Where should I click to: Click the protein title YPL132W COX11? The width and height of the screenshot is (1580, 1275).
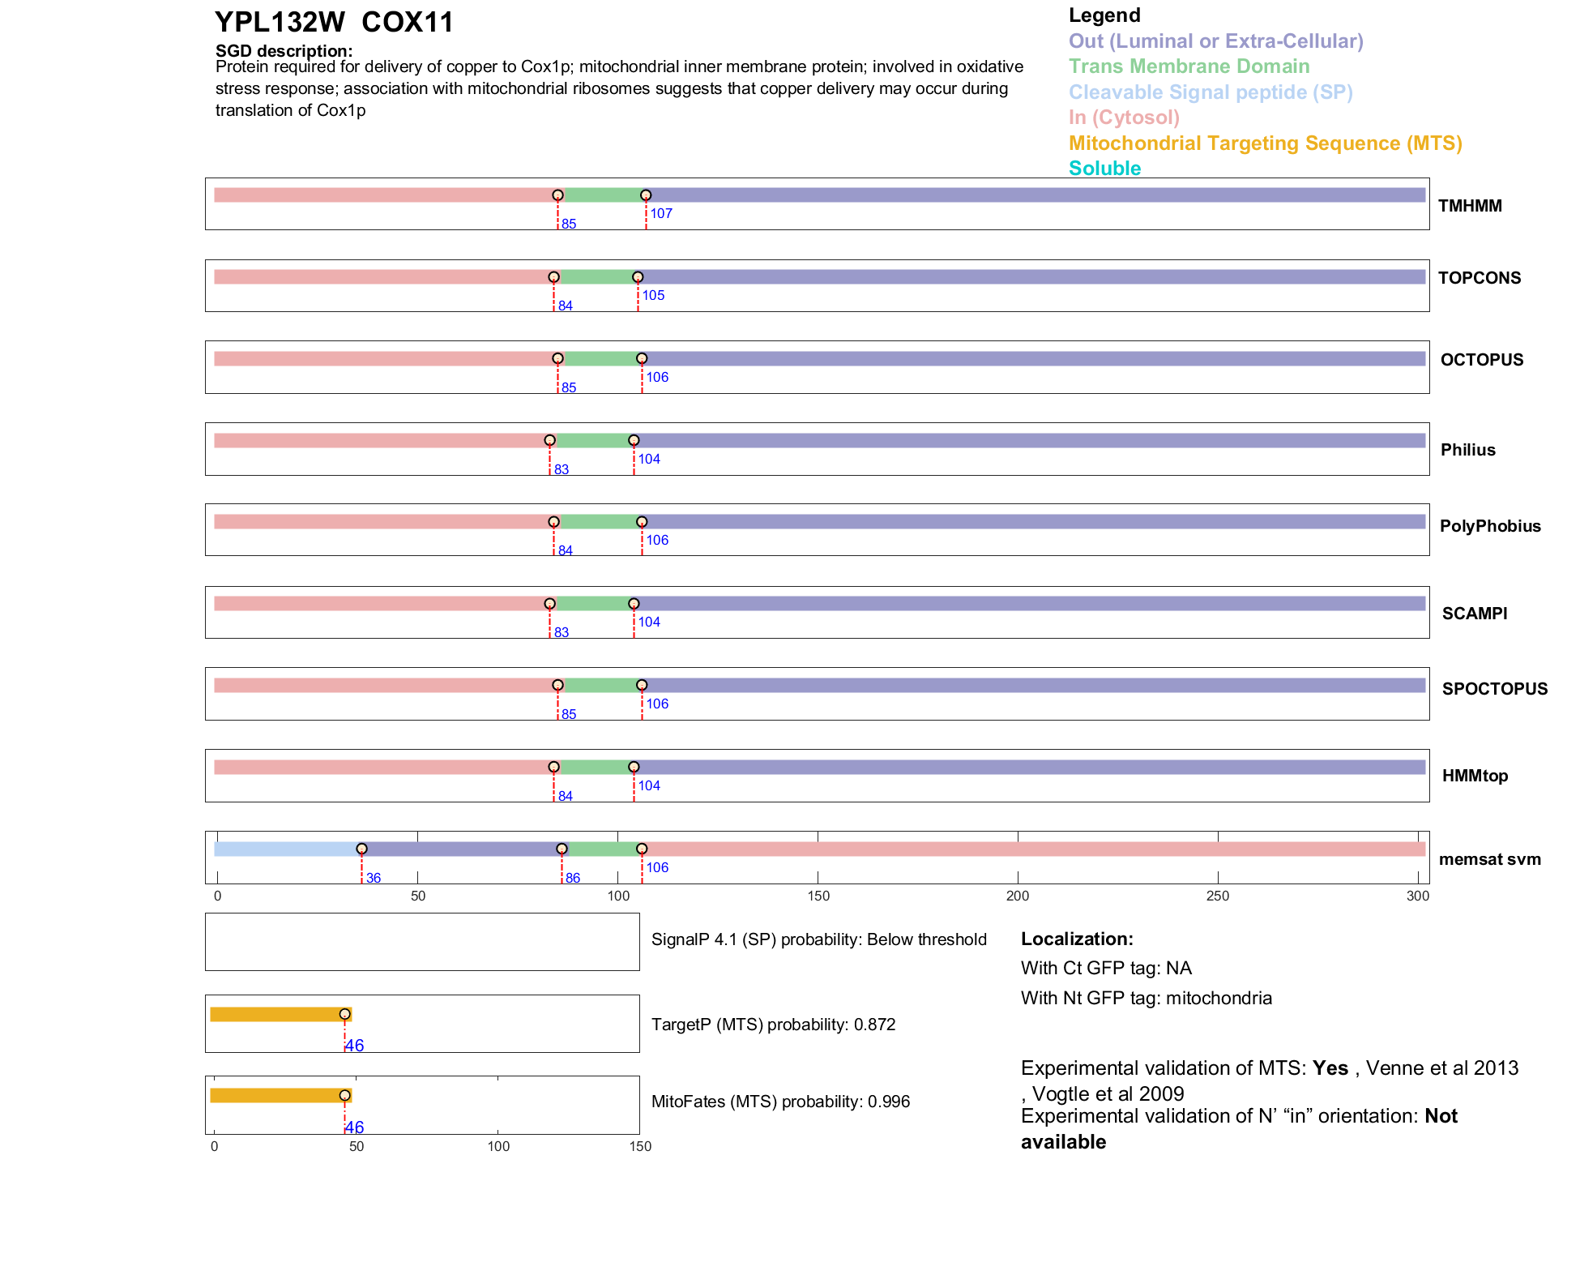334,23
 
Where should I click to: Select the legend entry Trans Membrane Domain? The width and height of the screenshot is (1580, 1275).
1189,66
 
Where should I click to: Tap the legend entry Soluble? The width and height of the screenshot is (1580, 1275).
1104,169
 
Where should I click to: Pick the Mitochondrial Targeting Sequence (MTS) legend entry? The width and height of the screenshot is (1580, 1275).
1265,143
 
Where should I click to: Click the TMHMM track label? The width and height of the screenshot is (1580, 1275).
1470,206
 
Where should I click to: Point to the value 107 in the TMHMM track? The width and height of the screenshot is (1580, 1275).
661,214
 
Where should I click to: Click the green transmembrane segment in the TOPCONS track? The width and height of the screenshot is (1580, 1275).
596,277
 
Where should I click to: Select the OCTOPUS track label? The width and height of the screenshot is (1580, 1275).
1481,360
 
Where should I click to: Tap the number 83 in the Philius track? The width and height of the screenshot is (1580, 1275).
562,470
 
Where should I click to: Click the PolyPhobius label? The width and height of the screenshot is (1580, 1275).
1489,526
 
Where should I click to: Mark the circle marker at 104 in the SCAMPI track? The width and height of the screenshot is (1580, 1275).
634,604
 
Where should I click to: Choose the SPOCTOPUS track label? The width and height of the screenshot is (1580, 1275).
1494,689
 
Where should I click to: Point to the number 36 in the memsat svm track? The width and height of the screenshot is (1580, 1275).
374,879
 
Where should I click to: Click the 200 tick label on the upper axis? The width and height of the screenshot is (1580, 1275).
1018,896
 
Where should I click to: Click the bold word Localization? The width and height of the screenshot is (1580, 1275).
1077,939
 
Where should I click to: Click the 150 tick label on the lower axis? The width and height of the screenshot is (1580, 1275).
640,1146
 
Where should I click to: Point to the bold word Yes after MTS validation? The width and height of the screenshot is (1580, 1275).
1330,1068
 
